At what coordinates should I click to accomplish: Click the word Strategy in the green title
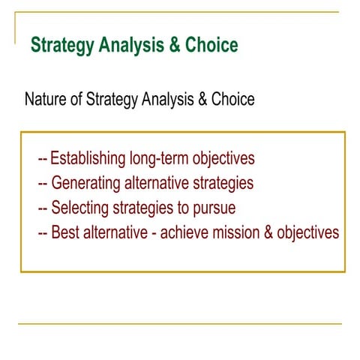click(62, 46)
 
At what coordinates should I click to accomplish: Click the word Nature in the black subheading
click(44, 99)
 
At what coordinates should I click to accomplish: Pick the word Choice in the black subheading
click(232, 99)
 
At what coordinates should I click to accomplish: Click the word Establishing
click(88, 159)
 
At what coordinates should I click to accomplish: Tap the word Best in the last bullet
click(64, 232)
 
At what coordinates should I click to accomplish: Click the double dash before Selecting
click(43, 208)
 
